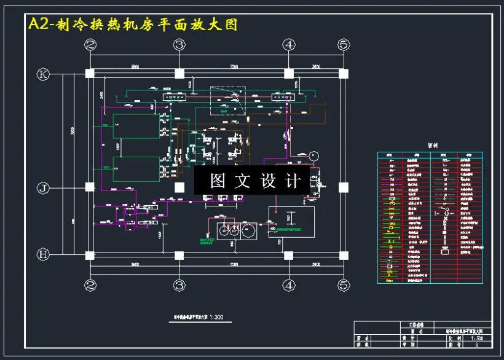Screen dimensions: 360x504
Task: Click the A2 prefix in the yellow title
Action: (x=40, y=25)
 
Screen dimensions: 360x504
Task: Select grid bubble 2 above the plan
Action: (x=90, y=44)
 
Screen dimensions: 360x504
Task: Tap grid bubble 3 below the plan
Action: (x=179, y=285)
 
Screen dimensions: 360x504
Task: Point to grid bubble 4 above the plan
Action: (x=289, y=44)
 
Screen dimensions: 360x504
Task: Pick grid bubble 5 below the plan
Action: (x=344, y=285)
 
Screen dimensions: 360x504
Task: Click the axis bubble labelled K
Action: (x=43, y=74)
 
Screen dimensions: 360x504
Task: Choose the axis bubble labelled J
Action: (x=43, y=188)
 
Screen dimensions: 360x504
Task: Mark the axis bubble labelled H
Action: (x=43, y=254)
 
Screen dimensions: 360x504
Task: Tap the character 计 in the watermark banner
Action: (x=293, y=181)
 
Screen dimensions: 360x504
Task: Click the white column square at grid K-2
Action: (x=90, y=74)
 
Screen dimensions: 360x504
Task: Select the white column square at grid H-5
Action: (x=344, y=255)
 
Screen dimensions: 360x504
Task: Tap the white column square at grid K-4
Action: (x=289, y=74)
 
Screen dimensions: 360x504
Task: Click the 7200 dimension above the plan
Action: (x=234, y=66)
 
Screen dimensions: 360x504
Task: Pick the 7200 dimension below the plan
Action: (x=234, y=264)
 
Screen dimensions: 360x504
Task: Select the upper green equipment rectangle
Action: (x=136, y=127)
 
